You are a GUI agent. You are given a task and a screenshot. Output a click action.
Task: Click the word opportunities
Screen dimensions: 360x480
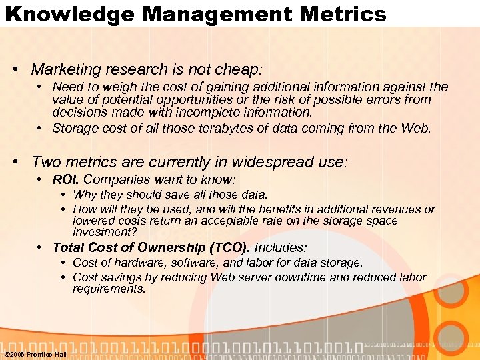[178, 100]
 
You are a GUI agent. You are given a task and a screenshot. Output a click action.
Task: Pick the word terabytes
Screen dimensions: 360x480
[226, 127]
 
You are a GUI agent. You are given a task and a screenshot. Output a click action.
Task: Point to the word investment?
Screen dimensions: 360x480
[105, 232]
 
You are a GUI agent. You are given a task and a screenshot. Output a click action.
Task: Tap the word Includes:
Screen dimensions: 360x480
[281, 247]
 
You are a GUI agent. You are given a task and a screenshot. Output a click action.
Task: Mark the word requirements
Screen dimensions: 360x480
[109, 289]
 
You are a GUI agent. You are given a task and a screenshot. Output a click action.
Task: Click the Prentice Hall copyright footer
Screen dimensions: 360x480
[35, 354]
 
